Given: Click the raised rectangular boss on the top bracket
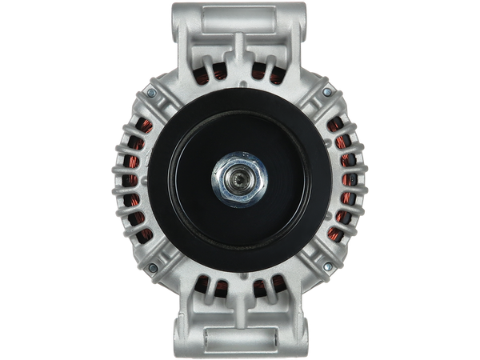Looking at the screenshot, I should pyautogui.click(x=238, y=14).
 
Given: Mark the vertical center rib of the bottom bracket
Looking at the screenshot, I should pyautogui.click(x=238, y=304).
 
